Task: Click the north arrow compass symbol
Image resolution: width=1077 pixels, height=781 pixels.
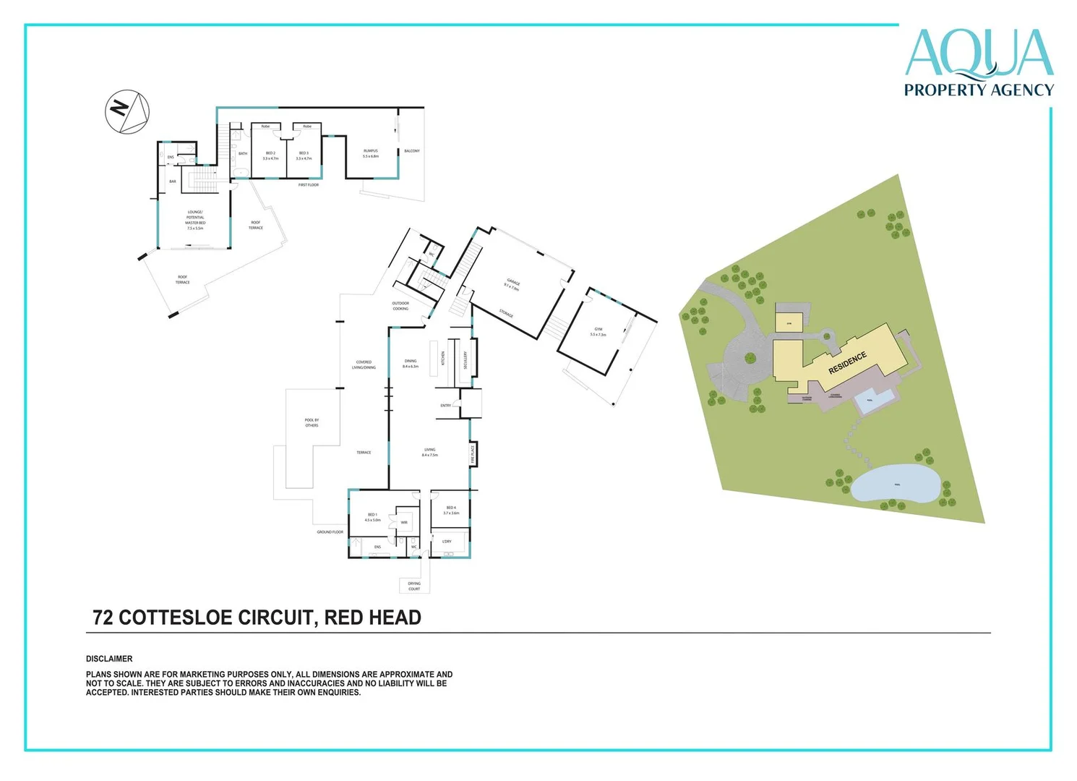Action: tap(127, 111)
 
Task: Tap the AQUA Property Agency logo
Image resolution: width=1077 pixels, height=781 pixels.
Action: tap(979, 63)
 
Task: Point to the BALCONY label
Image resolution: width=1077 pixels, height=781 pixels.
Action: tap(412, 151)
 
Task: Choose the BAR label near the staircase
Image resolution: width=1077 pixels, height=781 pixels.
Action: tap(172, 182)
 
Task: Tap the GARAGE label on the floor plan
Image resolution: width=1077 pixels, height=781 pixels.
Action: tap(512, 283)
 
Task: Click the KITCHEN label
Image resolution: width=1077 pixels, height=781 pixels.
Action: tap(443, 358)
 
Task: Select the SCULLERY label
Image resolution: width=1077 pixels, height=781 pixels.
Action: tap(465, 359)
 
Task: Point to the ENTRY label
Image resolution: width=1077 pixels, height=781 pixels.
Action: tap(445, 406)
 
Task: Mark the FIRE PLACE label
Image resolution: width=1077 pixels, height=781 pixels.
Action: tap(473, 453)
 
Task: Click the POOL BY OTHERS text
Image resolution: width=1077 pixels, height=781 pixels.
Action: tap(312, 422)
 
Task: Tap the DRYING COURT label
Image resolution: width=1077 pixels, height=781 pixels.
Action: tap(414, 586)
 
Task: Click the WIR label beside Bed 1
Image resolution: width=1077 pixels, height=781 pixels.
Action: tap(404, 522)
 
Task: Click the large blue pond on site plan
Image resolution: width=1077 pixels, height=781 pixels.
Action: tap(895, 485)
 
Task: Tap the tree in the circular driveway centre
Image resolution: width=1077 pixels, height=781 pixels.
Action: tap(750, 357)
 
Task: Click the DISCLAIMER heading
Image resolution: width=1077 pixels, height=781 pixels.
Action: tap(109, 659)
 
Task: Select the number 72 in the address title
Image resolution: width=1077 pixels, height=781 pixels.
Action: tap(103, 618)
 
